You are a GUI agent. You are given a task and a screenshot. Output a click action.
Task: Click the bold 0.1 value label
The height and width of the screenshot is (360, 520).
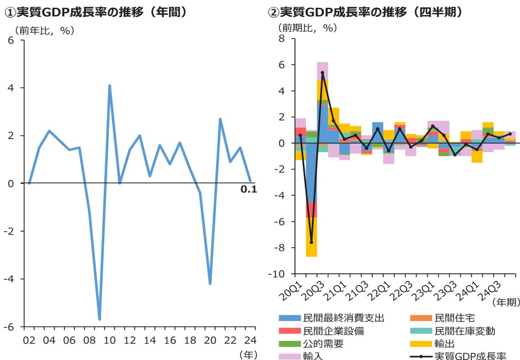tap(248, 189)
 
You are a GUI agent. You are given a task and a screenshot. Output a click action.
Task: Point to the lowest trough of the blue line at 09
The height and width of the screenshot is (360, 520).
tap(99, 319)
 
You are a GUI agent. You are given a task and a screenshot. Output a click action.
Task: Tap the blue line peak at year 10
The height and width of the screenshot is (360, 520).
tap(110, 86)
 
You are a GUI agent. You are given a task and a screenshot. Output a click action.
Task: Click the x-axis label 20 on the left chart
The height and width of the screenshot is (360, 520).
tap(210, 340)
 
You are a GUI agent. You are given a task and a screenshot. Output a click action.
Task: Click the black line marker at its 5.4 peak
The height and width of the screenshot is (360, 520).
tap(323, 72)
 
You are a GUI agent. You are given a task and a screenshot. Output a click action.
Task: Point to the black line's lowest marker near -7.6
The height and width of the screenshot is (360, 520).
tap(312, 242)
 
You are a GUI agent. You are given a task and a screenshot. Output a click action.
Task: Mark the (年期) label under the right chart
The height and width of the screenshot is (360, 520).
tap(504, 302)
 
